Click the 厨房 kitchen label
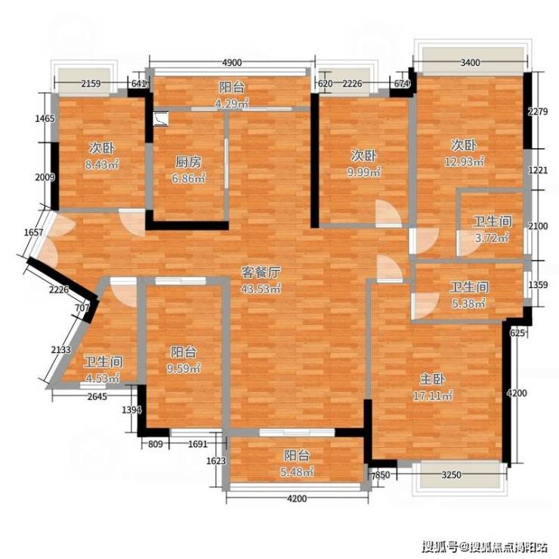pos(188,162)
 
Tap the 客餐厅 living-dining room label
pos(261,273)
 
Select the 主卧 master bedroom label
pos(432,379)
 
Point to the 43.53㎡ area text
pos(261,289)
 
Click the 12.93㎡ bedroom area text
pos(464,162)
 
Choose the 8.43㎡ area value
pos(102,165)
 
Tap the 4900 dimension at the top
pos(232,63)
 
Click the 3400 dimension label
pos(470,63)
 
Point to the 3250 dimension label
pos(451,475)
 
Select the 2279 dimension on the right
pos(538,112)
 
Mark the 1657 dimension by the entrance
pos(33,233)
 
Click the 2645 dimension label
pos(97,396)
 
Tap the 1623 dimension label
pos(216,461)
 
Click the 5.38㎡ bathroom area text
pos(469,304)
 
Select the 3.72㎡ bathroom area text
pos(492,237)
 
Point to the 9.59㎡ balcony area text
pos(184,368)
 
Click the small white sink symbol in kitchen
pos(161,119)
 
